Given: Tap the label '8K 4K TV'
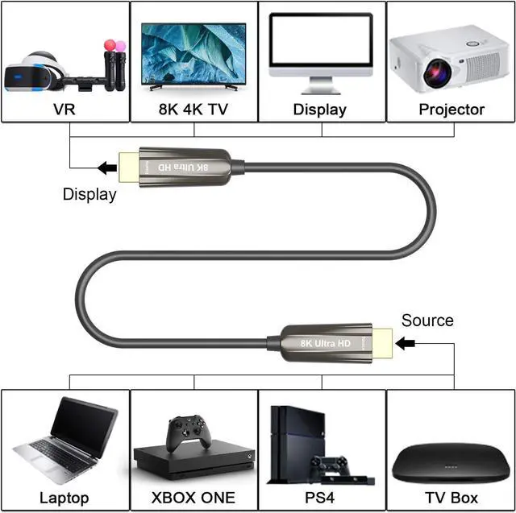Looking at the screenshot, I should point(193,109).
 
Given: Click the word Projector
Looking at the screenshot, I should point(451,109).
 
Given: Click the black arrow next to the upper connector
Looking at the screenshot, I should point(106,168).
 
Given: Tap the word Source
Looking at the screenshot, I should point(427,321).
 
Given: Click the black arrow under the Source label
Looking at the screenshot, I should point(405,344).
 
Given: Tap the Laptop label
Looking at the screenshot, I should point(64,498).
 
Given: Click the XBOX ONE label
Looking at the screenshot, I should point(193,498).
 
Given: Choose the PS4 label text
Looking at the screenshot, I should point(322,498).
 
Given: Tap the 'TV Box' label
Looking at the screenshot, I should point(451,498).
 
